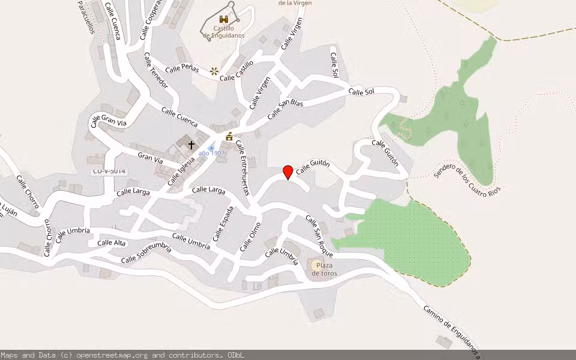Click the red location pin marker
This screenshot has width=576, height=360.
click(288, 172)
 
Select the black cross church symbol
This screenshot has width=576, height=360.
click(191, 145)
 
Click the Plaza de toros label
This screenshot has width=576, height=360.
click(324, 269)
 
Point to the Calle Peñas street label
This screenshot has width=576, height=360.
click(182, 68)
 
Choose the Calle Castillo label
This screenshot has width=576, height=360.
click(236, 70)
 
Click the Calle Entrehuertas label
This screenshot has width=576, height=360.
click(242, 167)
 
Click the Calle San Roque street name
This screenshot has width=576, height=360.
click(319, 236)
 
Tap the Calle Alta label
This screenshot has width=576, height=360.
click(112, 242)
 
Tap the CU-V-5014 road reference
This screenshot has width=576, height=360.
click(109, 171)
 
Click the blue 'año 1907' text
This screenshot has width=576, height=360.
click(211, 154)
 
